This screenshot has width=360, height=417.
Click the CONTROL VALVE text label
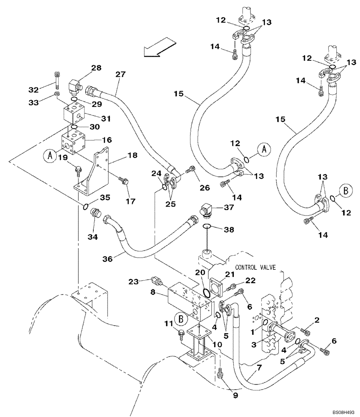coord(255,267)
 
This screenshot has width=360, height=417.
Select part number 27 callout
coord(120,75)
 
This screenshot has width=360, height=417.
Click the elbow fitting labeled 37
coord(207,210)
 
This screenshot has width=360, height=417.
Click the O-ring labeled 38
coord(207,226)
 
